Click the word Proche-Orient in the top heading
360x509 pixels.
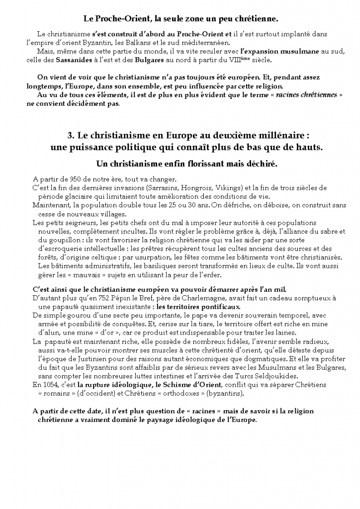coord(126,19)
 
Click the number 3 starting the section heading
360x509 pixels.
coord(70,136)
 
